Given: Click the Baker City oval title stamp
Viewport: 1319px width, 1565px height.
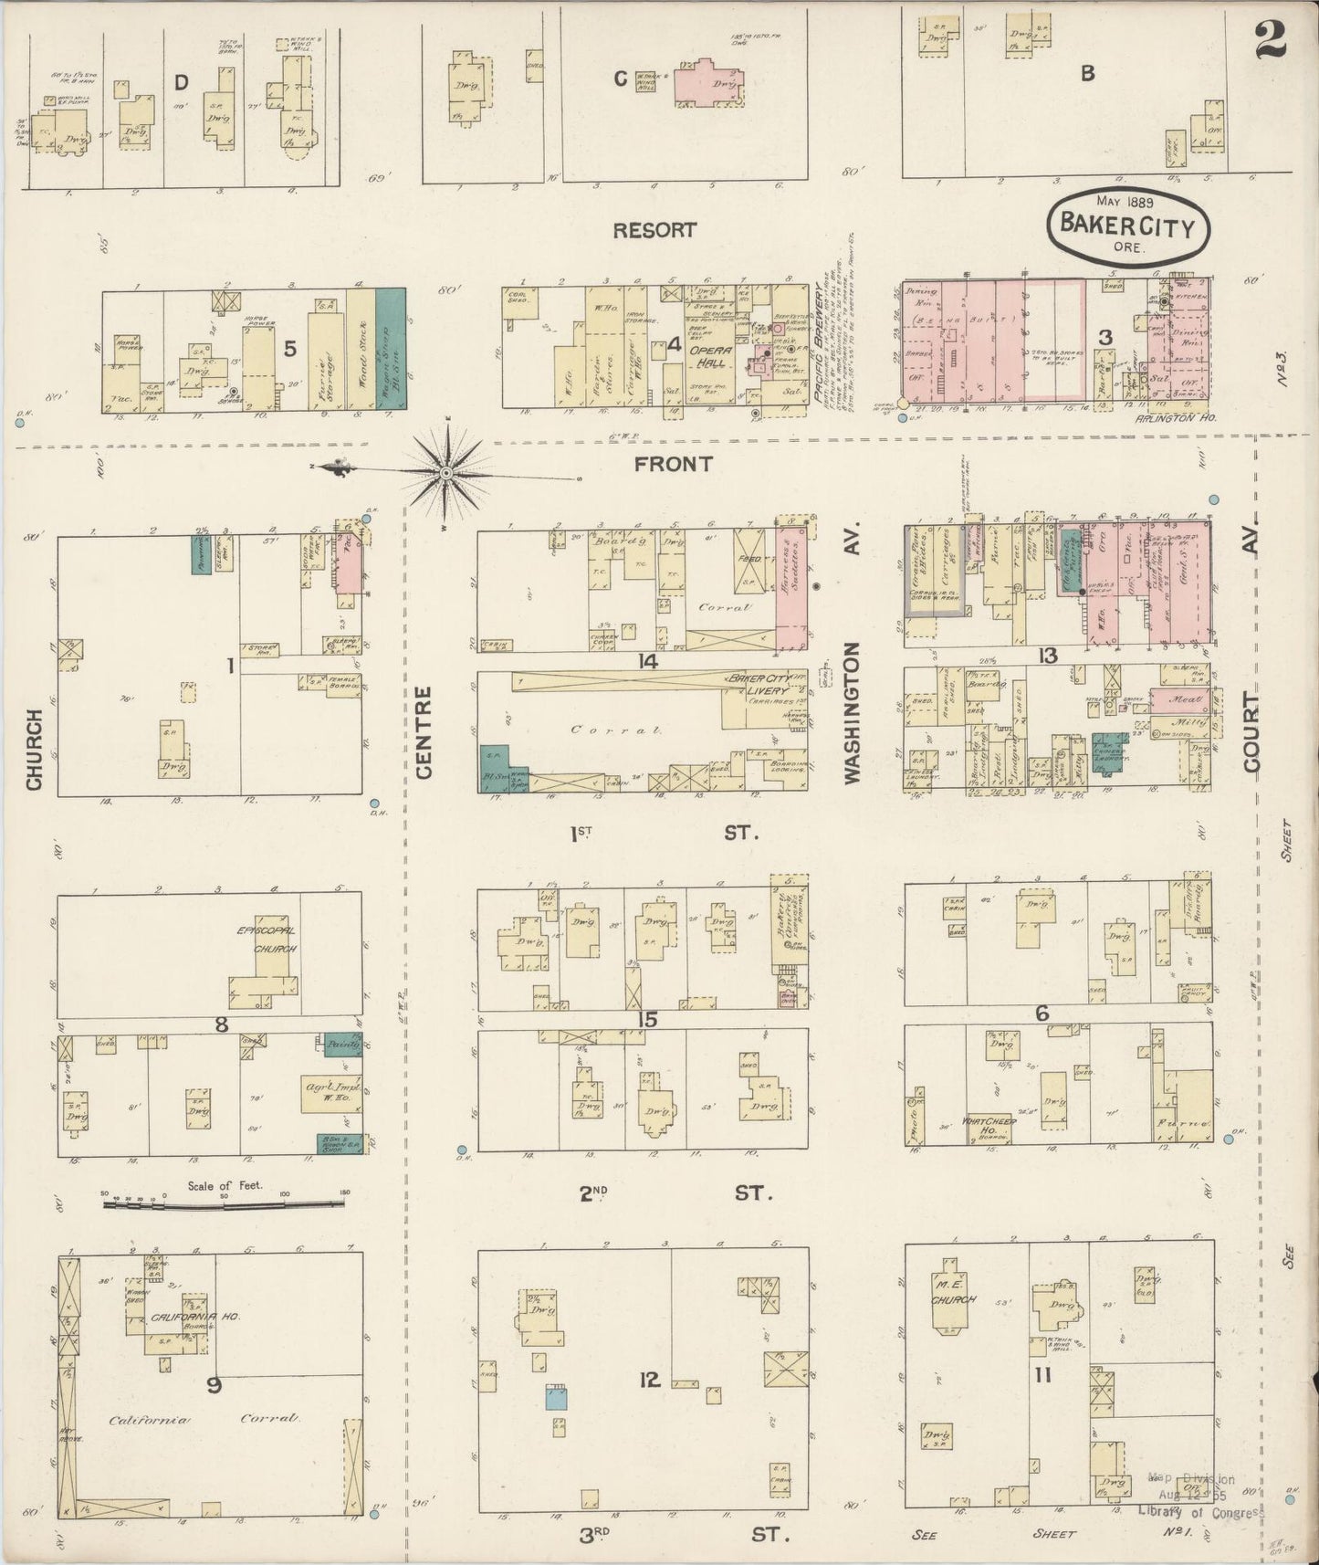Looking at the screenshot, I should (1126, 225).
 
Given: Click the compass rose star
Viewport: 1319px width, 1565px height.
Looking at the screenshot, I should (445, 472).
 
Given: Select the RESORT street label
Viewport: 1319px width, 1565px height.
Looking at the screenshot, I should (654, 230).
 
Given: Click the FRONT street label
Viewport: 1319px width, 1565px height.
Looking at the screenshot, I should (673, 464).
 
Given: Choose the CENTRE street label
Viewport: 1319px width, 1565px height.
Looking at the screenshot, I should (423, 733).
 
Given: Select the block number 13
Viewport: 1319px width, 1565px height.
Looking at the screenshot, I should (1047, 655).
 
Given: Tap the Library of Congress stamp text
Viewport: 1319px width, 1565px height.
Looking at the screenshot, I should (1200, 1512).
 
